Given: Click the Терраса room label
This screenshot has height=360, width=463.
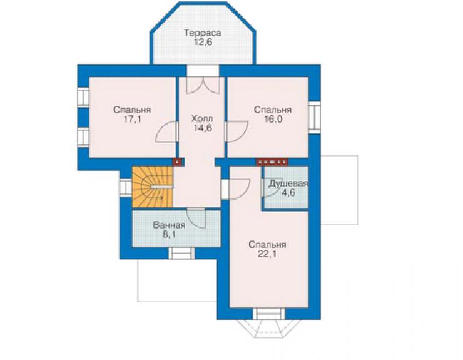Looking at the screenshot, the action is (203, 33).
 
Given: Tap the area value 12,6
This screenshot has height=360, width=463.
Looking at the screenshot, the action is (203, 42).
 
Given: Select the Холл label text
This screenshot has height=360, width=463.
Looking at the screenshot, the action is (202, 119).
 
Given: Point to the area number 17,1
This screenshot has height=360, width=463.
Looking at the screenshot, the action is (132, 119).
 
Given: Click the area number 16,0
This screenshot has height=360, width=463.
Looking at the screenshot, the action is (273, 119).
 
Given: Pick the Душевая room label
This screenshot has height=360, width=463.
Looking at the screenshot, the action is (288, 184).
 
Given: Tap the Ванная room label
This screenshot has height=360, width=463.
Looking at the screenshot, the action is (169, 225).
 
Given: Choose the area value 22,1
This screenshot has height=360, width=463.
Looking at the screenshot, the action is (267, 254).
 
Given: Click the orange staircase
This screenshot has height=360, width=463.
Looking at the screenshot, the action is (153, 187).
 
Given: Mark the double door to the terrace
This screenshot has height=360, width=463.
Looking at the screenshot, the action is (203, 85).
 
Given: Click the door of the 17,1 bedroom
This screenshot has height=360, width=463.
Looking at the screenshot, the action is (167, 132).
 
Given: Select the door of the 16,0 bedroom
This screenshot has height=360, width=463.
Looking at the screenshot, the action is (237, 131).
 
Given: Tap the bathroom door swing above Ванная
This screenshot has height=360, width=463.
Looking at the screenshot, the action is (196, 218).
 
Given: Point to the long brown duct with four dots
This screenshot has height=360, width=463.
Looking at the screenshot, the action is (272, 162).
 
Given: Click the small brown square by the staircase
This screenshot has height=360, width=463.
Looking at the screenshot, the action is (177, 162).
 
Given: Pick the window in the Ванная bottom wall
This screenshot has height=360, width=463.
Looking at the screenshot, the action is (181, 254).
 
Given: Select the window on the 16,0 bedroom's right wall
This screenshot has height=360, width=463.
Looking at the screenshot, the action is (315, 117).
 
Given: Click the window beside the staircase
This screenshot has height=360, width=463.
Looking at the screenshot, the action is (126, 187).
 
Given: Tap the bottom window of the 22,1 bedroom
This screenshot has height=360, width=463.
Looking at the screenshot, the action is (268, 314).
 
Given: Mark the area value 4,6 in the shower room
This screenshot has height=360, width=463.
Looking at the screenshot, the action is (288, 193).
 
